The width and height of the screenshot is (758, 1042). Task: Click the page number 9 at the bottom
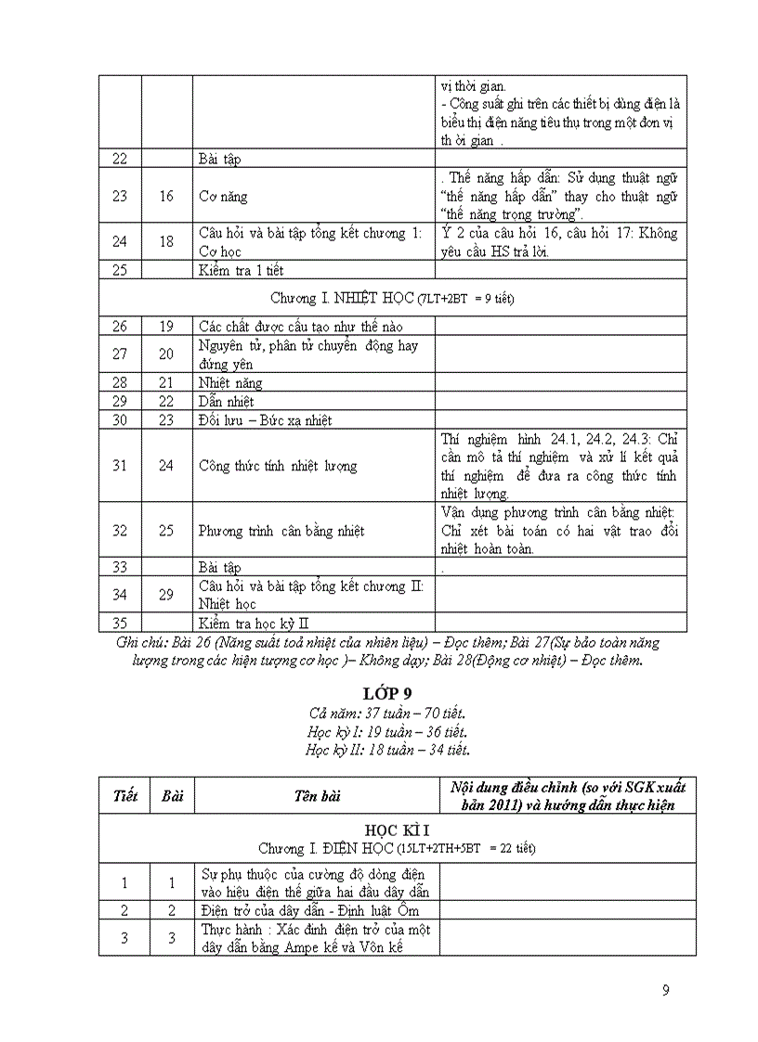(665, 989)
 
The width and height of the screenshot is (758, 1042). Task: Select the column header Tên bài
(315, 796)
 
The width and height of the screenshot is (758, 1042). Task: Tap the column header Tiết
(124, 796)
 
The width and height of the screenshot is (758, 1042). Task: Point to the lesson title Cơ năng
(223, 197)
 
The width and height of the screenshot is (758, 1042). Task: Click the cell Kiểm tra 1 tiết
(241, 270)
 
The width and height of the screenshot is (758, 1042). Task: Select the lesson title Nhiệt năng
(230, 382)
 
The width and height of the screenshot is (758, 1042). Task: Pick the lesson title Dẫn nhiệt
(226, 401)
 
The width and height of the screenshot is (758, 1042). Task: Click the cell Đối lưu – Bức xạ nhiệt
(265, 419)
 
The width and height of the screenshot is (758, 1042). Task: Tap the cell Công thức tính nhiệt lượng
(278, 466)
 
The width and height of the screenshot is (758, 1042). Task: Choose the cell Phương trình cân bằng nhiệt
(281, 531)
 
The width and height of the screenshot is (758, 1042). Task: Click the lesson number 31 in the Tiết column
(120, 466)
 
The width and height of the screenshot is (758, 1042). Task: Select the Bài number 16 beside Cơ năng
(166, 197)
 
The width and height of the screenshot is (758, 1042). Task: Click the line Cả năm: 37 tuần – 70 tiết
(387, 713)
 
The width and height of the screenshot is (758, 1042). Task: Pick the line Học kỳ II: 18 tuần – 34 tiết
(387, 750)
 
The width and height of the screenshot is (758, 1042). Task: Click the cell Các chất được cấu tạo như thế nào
(300, 326)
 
